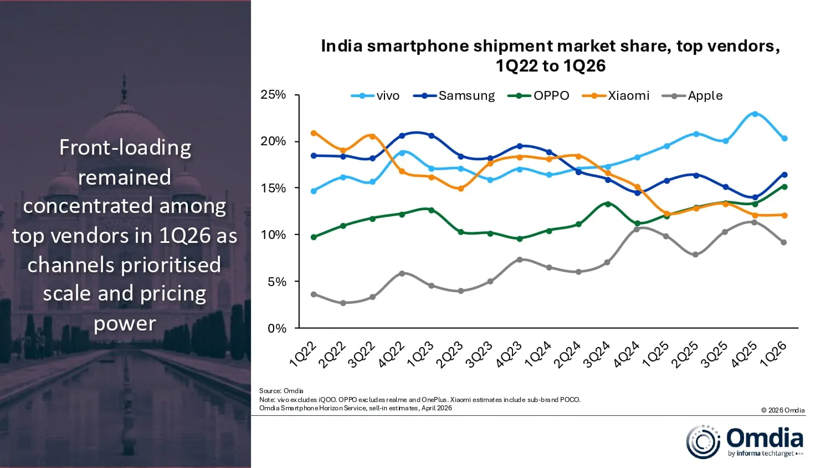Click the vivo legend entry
376,95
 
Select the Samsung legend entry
454,95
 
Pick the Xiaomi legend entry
616,95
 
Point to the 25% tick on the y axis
273,95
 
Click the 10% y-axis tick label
273,235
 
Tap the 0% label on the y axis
276,329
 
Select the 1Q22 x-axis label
303,354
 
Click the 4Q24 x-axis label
627,354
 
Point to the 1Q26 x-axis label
773,354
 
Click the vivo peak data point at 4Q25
755,114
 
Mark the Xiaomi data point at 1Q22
314,133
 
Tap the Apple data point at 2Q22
343,303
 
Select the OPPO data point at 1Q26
784,187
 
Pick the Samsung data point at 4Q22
402,135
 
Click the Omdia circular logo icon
703,442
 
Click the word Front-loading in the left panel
125,147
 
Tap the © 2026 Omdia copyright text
782,410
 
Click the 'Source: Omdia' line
281,391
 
